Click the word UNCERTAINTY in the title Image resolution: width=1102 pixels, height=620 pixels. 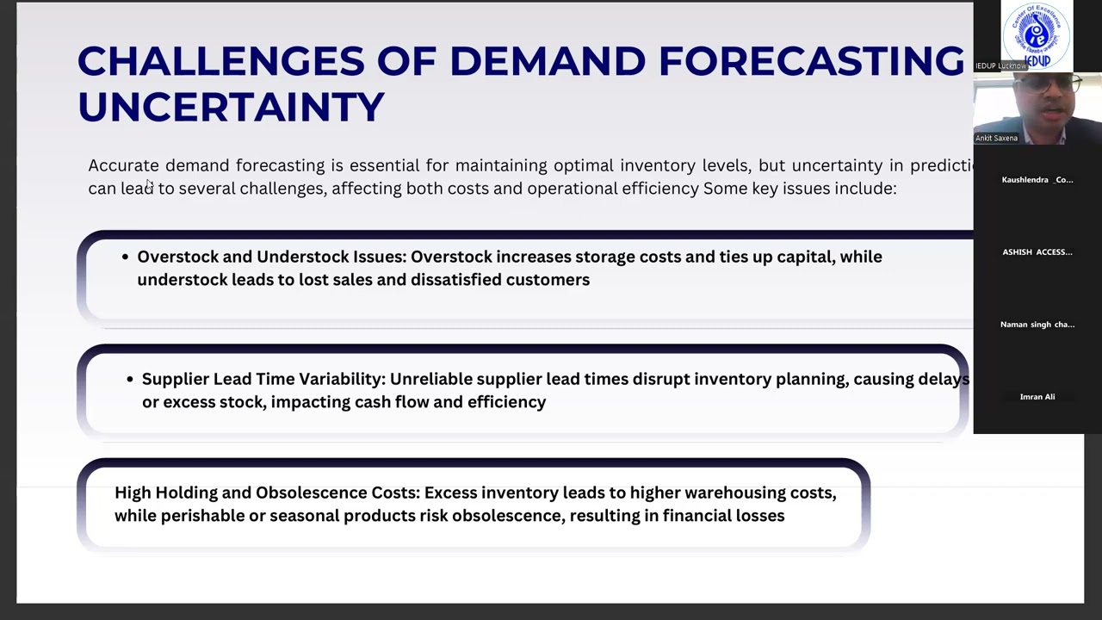point(231,108)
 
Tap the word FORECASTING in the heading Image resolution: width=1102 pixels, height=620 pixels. point(811,62)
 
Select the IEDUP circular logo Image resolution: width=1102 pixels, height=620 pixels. point(1037,34)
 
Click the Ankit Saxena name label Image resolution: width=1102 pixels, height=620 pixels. point(996,138)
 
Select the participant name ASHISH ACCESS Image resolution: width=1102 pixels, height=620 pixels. point(1037,252)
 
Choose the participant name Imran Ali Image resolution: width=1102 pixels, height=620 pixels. point(1037,397)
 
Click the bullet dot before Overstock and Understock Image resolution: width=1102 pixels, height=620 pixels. point(126,257)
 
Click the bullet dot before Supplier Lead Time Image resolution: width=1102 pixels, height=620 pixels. point(131,379)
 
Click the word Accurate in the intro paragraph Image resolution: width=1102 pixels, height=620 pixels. point(123,165)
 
